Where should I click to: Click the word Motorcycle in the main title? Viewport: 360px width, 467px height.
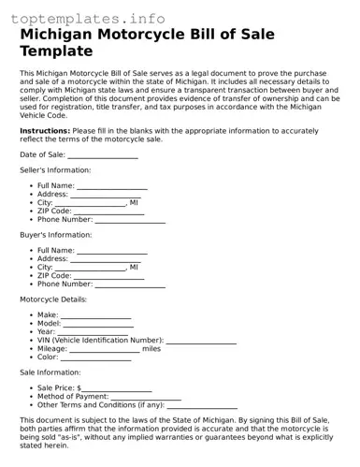166,35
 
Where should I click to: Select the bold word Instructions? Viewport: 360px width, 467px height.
44,130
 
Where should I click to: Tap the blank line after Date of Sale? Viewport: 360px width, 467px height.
103,155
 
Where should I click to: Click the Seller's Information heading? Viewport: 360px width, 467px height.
55,170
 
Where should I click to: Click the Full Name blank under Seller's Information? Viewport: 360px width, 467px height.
111,186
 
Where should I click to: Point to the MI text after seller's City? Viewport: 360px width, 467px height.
134,203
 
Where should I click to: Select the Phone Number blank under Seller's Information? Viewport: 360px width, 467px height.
130,221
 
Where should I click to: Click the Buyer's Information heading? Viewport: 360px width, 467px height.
55,235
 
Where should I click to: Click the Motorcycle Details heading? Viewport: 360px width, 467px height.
53,299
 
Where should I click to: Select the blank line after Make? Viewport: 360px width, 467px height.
96,316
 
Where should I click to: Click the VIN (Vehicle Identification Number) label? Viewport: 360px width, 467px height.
100,341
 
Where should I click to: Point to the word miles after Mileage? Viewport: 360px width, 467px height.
151,349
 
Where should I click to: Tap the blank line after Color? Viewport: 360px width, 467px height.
96,358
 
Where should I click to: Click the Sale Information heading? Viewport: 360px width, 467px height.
50,372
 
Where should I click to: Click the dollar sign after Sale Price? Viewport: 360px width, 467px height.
79,388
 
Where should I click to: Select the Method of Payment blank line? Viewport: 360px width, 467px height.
147,397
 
